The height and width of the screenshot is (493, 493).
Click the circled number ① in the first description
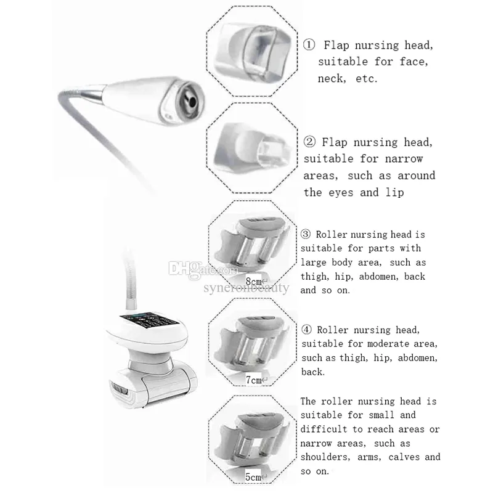(309, 44)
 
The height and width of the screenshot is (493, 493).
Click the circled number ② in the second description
(309, 142)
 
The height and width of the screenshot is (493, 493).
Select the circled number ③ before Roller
(306, 235)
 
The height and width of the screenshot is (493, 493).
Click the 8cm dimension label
(253, 280)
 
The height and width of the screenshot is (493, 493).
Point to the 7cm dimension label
(253, 380)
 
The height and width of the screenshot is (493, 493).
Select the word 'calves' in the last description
(397, 457)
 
